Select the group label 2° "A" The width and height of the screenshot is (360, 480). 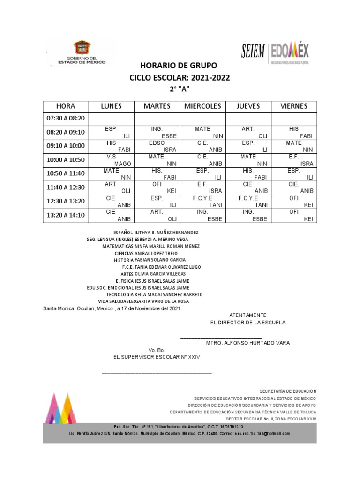point(180,89)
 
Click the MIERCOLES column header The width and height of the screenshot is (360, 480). point(202,106)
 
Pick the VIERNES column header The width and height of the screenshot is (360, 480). point(294,106)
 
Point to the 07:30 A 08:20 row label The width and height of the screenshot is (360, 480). point(66,119)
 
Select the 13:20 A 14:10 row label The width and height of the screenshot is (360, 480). point(66,215)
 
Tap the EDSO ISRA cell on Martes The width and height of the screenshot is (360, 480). point(157,146)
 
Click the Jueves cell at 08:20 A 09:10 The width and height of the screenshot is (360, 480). point(248,133)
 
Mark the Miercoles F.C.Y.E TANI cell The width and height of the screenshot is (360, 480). point(202,202)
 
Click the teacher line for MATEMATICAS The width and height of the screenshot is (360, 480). point(151,246)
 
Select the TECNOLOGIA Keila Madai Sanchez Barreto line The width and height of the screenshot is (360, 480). point(154,294)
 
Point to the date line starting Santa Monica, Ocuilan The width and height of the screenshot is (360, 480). point(112,309)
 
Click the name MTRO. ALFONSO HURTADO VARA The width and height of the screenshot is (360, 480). point(248,343)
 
